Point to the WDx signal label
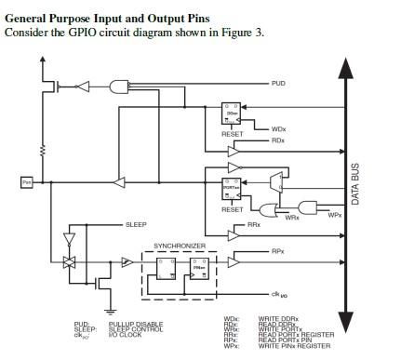point(278,128)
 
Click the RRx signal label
point(254,225)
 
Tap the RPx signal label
point(277,250)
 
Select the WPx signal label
point(335,216)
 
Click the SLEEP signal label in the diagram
point(136,225)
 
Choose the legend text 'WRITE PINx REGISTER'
point(294,346)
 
